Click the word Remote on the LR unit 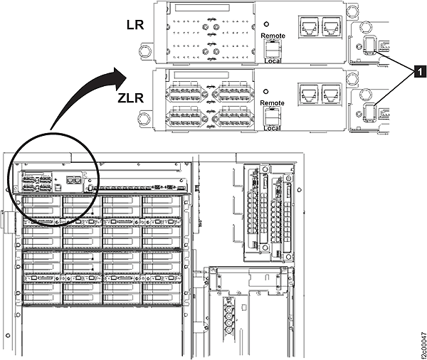tap(273, 36)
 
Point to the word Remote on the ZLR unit tap(273, 103)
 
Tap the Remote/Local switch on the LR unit tap(272, 48)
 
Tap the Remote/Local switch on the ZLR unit tap(272, 116)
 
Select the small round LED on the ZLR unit tap(265, 91)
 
